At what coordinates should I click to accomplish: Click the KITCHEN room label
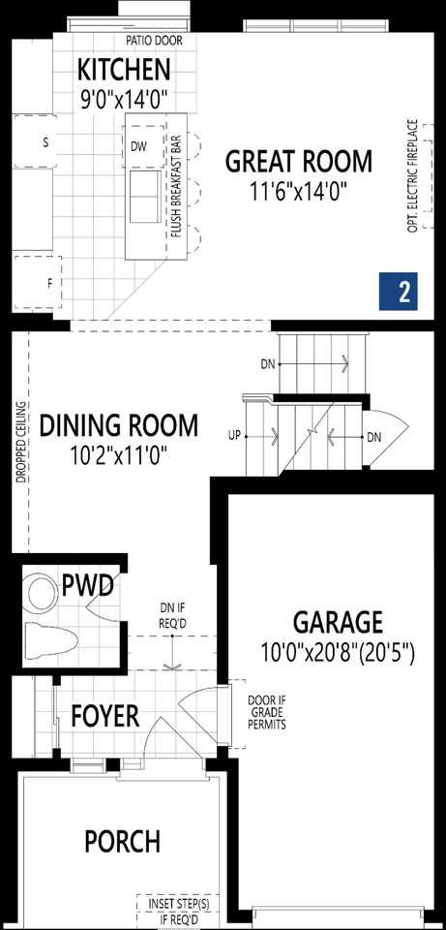coord(124,70)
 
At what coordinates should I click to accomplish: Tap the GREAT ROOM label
coord(298,161)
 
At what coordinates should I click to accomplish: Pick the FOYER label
coord(104,717)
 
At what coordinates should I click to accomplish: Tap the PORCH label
coord(122,842)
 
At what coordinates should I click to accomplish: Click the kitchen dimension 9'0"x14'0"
coord(124,97)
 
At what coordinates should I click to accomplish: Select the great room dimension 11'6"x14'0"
coord(298,190)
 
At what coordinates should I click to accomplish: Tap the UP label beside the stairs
coord(233,436)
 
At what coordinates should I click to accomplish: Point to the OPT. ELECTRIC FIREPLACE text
coord(413,176)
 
